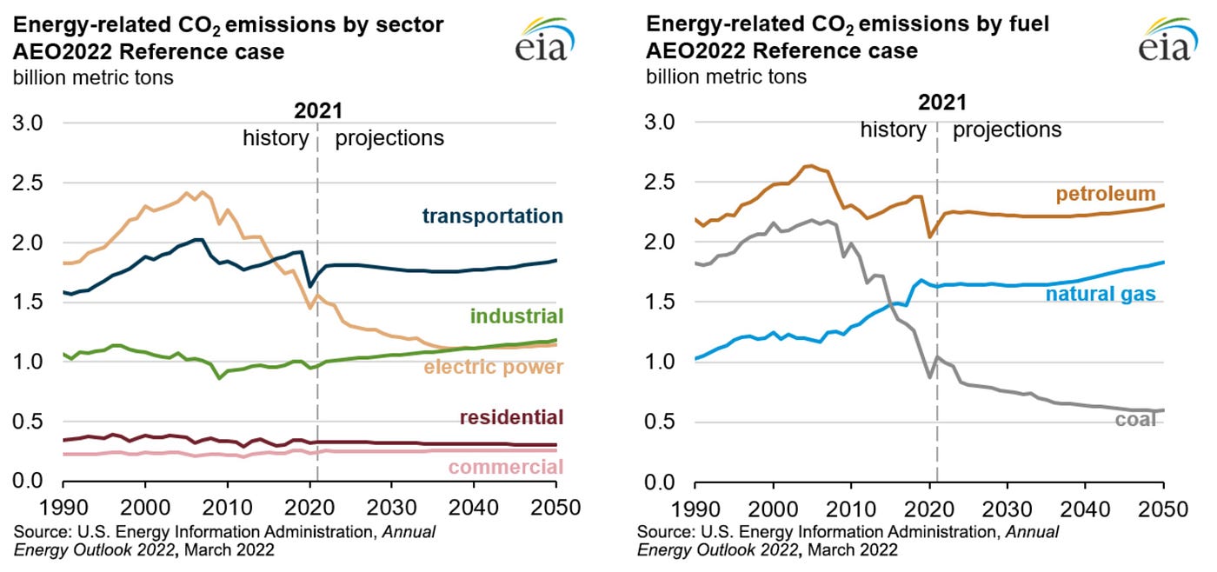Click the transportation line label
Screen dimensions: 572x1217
tap(492, 216)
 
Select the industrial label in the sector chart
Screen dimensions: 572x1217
tap(516, 316)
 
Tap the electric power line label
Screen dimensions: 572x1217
tap(493, 367)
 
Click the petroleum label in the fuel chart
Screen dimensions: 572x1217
tap(1106, 193)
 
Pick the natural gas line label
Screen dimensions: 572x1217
tap(1101, 294)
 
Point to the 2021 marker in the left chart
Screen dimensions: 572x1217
tap(317, 110)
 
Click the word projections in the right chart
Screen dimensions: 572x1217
tap(1008, 130)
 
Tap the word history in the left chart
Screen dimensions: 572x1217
tap(276, 137)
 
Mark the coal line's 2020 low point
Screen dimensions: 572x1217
tap(929, 377)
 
